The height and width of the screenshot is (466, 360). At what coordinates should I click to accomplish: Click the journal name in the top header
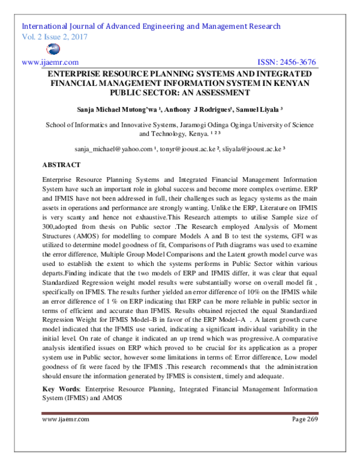151,27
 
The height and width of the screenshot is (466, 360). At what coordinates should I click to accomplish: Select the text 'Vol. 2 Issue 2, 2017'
54,37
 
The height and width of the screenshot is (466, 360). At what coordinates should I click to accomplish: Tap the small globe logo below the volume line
36,50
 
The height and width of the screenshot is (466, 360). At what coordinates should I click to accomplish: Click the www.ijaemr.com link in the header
50,62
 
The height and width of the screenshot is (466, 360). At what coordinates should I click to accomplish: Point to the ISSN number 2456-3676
295,62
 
